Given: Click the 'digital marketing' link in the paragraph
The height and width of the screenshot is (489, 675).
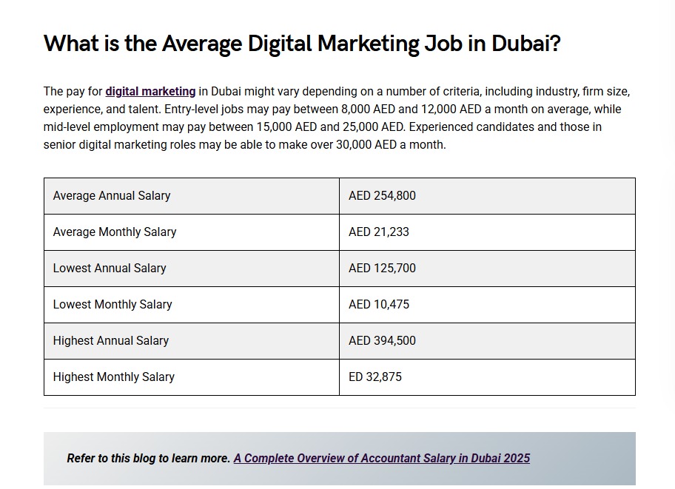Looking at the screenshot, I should pyautogui.click(x=150, y=92).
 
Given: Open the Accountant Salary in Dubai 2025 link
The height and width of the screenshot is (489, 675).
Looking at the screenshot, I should pyautogui.click(x=381, y=458).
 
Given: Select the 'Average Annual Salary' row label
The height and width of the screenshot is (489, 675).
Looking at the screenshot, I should pyautogui.click(x=112, y=196).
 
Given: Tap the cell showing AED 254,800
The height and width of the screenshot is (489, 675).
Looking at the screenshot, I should pyautogui.click(x=382, y=196).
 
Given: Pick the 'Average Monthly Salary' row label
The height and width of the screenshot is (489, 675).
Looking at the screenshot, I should pyautogui.click(x=115, y=232).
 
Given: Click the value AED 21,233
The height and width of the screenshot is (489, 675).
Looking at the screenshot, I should pyautogui.click(x=379, y=232).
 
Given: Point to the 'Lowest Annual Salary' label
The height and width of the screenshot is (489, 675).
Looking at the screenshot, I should pyautogui.click(x=110, y=269).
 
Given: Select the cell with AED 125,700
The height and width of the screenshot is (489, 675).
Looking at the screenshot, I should pyautogui.click(x=382, y=269).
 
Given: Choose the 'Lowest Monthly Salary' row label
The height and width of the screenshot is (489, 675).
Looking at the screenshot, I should pyautogui.click(x=113, y=305).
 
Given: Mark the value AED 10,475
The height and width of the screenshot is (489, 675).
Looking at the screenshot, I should pyautogui.click(x=379, y=305).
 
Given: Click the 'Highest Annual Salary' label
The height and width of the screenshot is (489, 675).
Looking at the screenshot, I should pyautogui.click(x=111, y=341).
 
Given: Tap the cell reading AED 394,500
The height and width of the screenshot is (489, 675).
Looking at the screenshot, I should pyautogui.click(x=382, y=341).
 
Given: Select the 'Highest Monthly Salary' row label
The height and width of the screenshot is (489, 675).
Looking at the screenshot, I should pyautogui.click(x=114, y=377).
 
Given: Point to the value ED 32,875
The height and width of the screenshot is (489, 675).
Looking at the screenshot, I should pyautogui.click(x=375, y=377).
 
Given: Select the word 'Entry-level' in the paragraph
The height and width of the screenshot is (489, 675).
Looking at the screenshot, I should pyautogui.click(x=191, y=109).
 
